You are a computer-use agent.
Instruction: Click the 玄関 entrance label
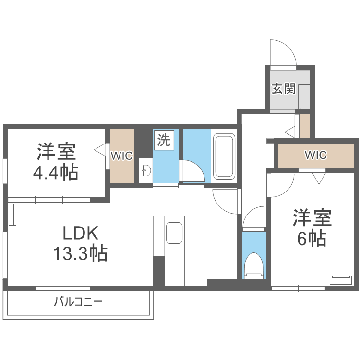(x=283, y=89)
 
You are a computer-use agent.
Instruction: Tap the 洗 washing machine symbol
(x=164, y=140)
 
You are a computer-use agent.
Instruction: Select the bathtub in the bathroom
(x=224, y=156)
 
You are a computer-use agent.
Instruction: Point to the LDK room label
(x=80, y=234)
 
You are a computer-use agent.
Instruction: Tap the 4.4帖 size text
(x=56, y=172)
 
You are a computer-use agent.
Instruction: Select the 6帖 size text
(x=312, y=238)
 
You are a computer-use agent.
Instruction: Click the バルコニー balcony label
(x=78, y=302)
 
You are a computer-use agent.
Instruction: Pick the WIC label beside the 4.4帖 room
(x=122, y=156)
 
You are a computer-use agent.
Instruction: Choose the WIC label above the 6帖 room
(x=316, y=155)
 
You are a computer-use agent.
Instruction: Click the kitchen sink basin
(x=174, y=234)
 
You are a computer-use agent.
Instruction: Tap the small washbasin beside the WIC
(x=145, y=170)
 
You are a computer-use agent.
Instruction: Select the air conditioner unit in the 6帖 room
(x=341, y=280)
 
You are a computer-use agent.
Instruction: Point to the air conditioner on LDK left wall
(x=12, y=215)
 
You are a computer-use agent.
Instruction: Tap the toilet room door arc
(x=253, y=219)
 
